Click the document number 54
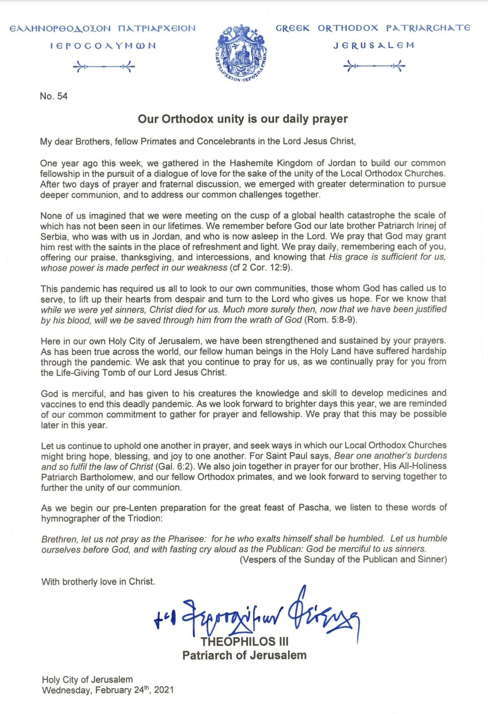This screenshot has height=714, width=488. click(54, 97)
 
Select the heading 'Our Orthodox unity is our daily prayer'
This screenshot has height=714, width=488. click(243, 120)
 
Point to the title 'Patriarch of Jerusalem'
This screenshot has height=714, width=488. click(245, 655)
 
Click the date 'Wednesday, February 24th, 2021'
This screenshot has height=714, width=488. click(107, 690)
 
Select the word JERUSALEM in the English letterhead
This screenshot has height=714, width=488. click(373, 45)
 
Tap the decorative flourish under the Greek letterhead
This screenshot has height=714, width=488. click(104, 67)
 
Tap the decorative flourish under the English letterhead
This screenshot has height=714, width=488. click(374, 67)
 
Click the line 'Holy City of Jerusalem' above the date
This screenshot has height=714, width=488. click(88, 679)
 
